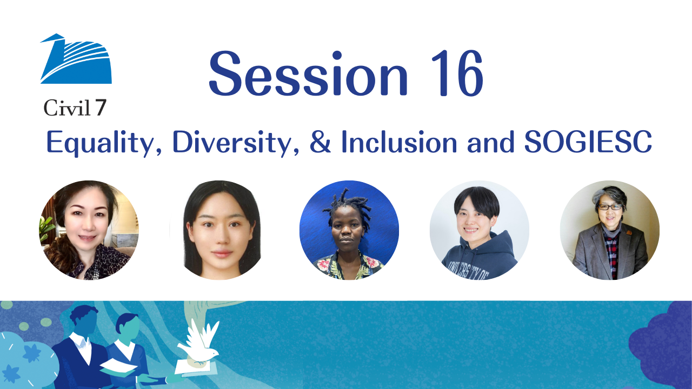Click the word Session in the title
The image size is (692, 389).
tap(308, 73)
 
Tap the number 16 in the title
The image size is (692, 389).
tap(457, 73)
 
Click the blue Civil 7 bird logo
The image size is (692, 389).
tap(76, 59)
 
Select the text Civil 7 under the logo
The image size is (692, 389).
tap(75, 108)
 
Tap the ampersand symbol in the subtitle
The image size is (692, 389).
tap(321, 142)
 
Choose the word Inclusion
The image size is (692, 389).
tap(399, 142)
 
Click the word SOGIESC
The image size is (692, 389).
tap(588, 142)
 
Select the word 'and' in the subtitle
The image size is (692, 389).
tap(490, 142)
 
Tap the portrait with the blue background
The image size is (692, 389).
tap(349, 230)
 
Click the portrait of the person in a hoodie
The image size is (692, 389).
tap(480, 230)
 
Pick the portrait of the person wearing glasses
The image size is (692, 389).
tap(610, 230)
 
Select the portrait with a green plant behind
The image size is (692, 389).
tap(89, 230)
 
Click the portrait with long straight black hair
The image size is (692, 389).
tap(219, 230)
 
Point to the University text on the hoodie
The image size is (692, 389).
tap(469, 270)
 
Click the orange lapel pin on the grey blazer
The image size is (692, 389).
tap(629, 232)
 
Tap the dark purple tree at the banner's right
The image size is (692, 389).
tap(661, 346)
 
